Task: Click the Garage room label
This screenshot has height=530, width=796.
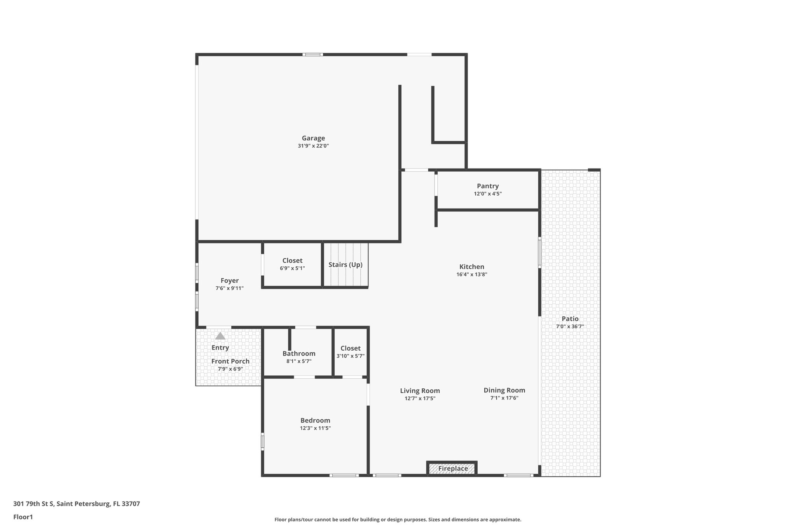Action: point(313,138)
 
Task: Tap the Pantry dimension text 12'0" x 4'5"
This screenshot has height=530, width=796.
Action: point(487,194)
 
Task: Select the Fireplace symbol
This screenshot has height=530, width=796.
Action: point(452,469)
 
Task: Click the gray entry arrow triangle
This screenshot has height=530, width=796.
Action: point(220,336)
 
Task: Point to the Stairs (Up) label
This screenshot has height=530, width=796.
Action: point(345,265)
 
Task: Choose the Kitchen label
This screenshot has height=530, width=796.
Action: point(471,267)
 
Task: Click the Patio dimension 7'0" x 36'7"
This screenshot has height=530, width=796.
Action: point(570,327)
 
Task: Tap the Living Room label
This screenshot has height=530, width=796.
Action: point(420,391)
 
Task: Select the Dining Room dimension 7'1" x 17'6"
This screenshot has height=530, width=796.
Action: point(504,398)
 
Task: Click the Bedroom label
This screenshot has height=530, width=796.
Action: point(315,421)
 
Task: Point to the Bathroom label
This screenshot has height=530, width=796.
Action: point(299,354)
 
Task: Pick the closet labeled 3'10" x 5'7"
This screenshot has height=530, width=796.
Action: point(350,352)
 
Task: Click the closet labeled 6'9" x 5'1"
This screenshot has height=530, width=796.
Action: point(292,264)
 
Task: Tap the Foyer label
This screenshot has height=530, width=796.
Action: point(229,281)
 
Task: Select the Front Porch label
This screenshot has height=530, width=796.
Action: point(230,361)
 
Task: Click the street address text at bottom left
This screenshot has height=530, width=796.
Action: point(77,504)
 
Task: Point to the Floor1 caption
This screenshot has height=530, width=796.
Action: point(23,517)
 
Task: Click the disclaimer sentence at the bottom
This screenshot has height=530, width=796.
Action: point(398,520)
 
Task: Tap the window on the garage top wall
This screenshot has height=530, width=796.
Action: point(312,54)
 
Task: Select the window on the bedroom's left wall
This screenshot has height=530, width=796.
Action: point(262,442)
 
